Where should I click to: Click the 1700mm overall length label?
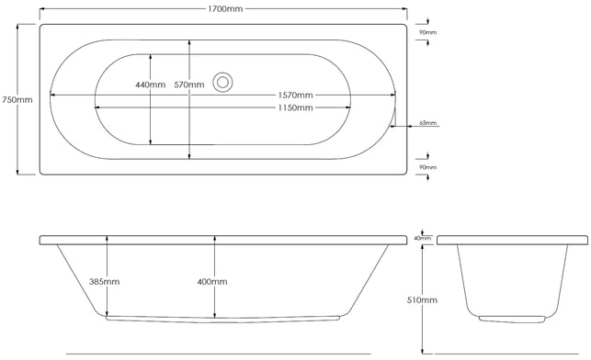point(225,8)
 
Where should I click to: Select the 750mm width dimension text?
point(17,100)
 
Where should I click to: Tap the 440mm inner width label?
point(151,84)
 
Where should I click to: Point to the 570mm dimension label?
point(189,84)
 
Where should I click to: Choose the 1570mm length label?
point(296,95)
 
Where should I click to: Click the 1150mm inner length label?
point(296,107)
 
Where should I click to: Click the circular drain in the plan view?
point(222,82)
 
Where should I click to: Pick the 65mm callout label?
point(427,123)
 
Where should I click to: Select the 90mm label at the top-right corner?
point(427,32)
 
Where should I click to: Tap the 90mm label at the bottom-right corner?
point(427,167)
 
